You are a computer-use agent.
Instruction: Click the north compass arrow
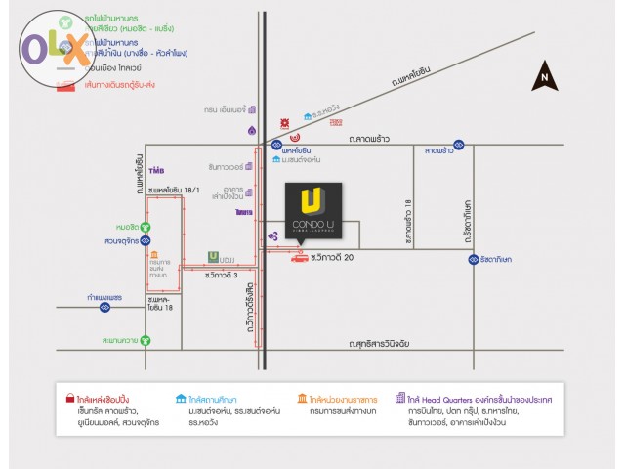(544, 76)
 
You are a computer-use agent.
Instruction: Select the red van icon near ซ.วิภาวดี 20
(298, 257)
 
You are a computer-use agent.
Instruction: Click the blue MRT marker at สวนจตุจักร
(146, 240)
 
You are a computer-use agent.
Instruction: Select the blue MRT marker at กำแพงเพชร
(104, 307)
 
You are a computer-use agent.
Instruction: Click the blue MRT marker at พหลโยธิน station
(277, 145)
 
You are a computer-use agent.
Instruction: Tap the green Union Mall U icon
(212, 257)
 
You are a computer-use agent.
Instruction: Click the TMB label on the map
(156, 169)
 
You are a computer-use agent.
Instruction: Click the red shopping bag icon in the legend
(68, 399)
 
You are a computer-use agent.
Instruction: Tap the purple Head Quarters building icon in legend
(400, 399)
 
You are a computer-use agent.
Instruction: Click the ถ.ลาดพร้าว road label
(370, 139)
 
